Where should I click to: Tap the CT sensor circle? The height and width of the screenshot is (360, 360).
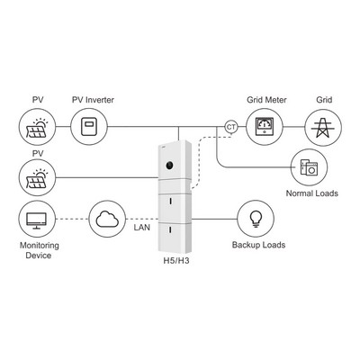230,127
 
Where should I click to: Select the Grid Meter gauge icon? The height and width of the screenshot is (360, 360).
265,127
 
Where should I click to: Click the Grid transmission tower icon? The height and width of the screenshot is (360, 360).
323,128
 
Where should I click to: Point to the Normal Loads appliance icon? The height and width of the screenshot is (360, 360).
310,166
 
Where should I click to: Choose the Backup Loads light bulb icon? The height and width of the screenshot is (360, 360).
256,219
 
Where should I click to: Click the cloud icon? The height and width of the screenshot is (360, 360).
107,219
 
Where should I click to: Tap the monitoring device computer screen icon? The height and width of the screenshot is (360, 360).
37,220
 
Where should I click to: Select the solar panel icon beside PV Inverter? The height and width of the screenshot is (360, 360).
37,128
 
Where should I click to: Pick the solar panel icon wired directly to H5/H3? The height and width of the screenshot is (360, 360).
37,179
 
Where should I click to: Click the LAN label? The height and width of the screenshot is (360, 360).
142,228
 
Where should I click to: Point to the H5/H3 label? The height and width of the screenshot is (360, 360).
176,261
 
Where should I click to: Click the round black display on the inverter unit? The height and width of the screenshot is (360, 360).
169,165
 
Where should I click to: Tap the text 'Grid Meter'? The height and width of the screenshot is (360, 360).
266,100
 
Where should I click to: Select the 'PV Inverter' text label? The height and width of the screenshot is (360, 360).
93,100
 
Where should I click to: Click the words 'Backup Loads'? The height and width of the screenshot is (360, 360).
258,245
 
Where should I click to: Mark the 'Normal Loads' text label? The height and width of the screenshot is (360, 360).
312,193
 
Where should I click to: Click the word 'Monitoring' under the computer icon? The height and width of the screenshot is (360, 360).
40,246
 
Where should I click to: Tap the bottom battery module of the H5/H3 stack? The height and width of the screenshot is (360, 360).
175,238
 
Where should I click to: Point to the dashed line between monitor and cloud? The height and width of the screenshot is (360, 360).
72,219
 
